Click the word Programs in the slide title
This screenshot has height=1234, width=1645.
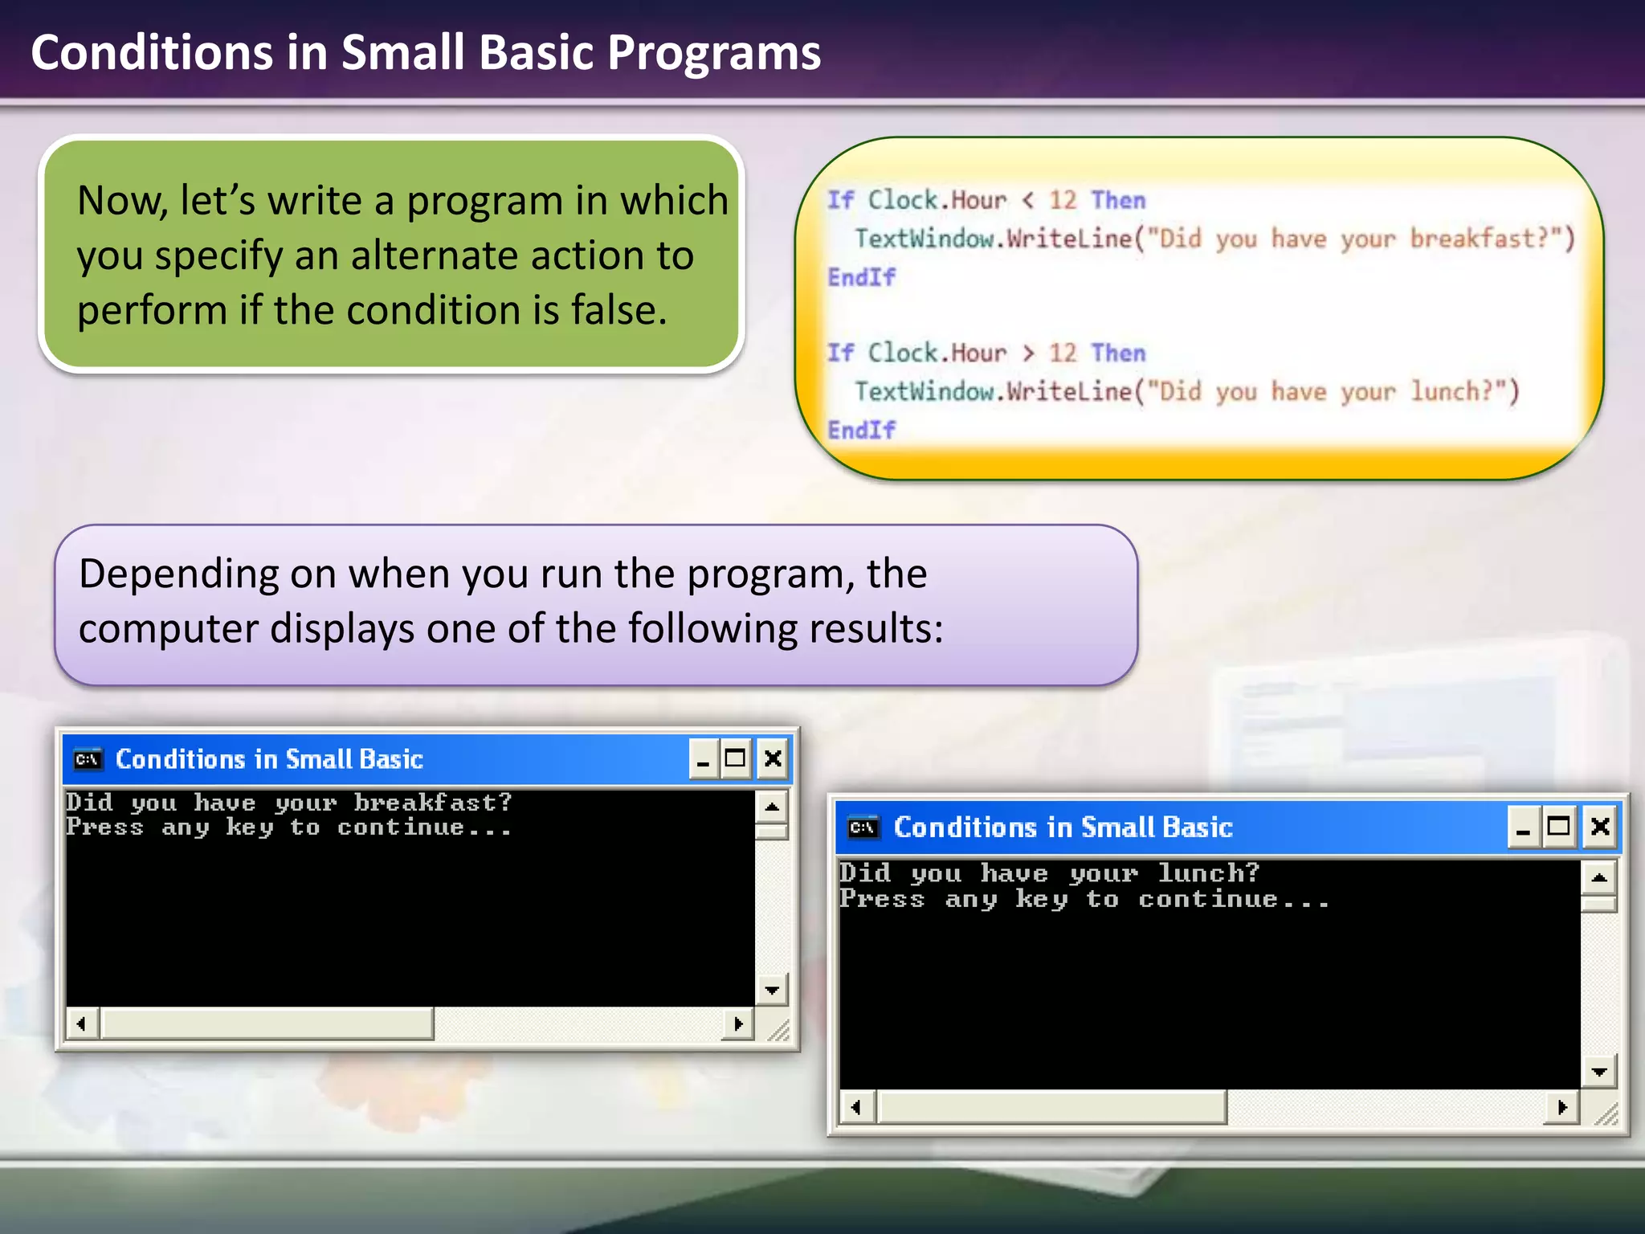[713, 53]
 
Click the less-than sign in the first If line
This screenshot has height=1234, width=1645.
[1027, 200]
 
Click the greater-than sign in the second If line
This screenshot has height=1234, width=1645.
[1027, 353]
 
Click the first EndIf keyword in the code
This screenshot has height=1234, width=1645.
[861, 277]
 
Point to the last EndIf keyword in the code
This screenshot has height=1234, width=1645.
[861, 430]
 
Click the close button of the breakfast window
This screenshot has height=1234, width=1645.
[773, 758]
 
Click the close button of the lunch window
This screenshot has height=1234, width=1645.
[1600, 827]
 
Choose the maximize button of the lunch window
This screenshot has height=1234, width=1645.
[1559, 827]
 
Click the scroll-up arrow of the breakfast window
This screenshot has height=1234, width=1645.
[772, 806]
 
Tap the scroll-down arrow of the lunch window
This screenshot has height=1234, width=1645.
[1599, 1072]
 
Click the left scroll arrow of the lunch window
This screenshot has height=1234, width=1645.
[856, 1108]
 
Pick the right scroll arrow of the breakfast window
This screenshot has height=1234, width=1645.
[738, 1024]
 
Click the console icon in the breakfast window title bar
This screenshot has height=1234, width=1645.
[88, 759]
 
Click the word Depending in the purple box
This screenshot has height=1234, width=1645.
[178, 574]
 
